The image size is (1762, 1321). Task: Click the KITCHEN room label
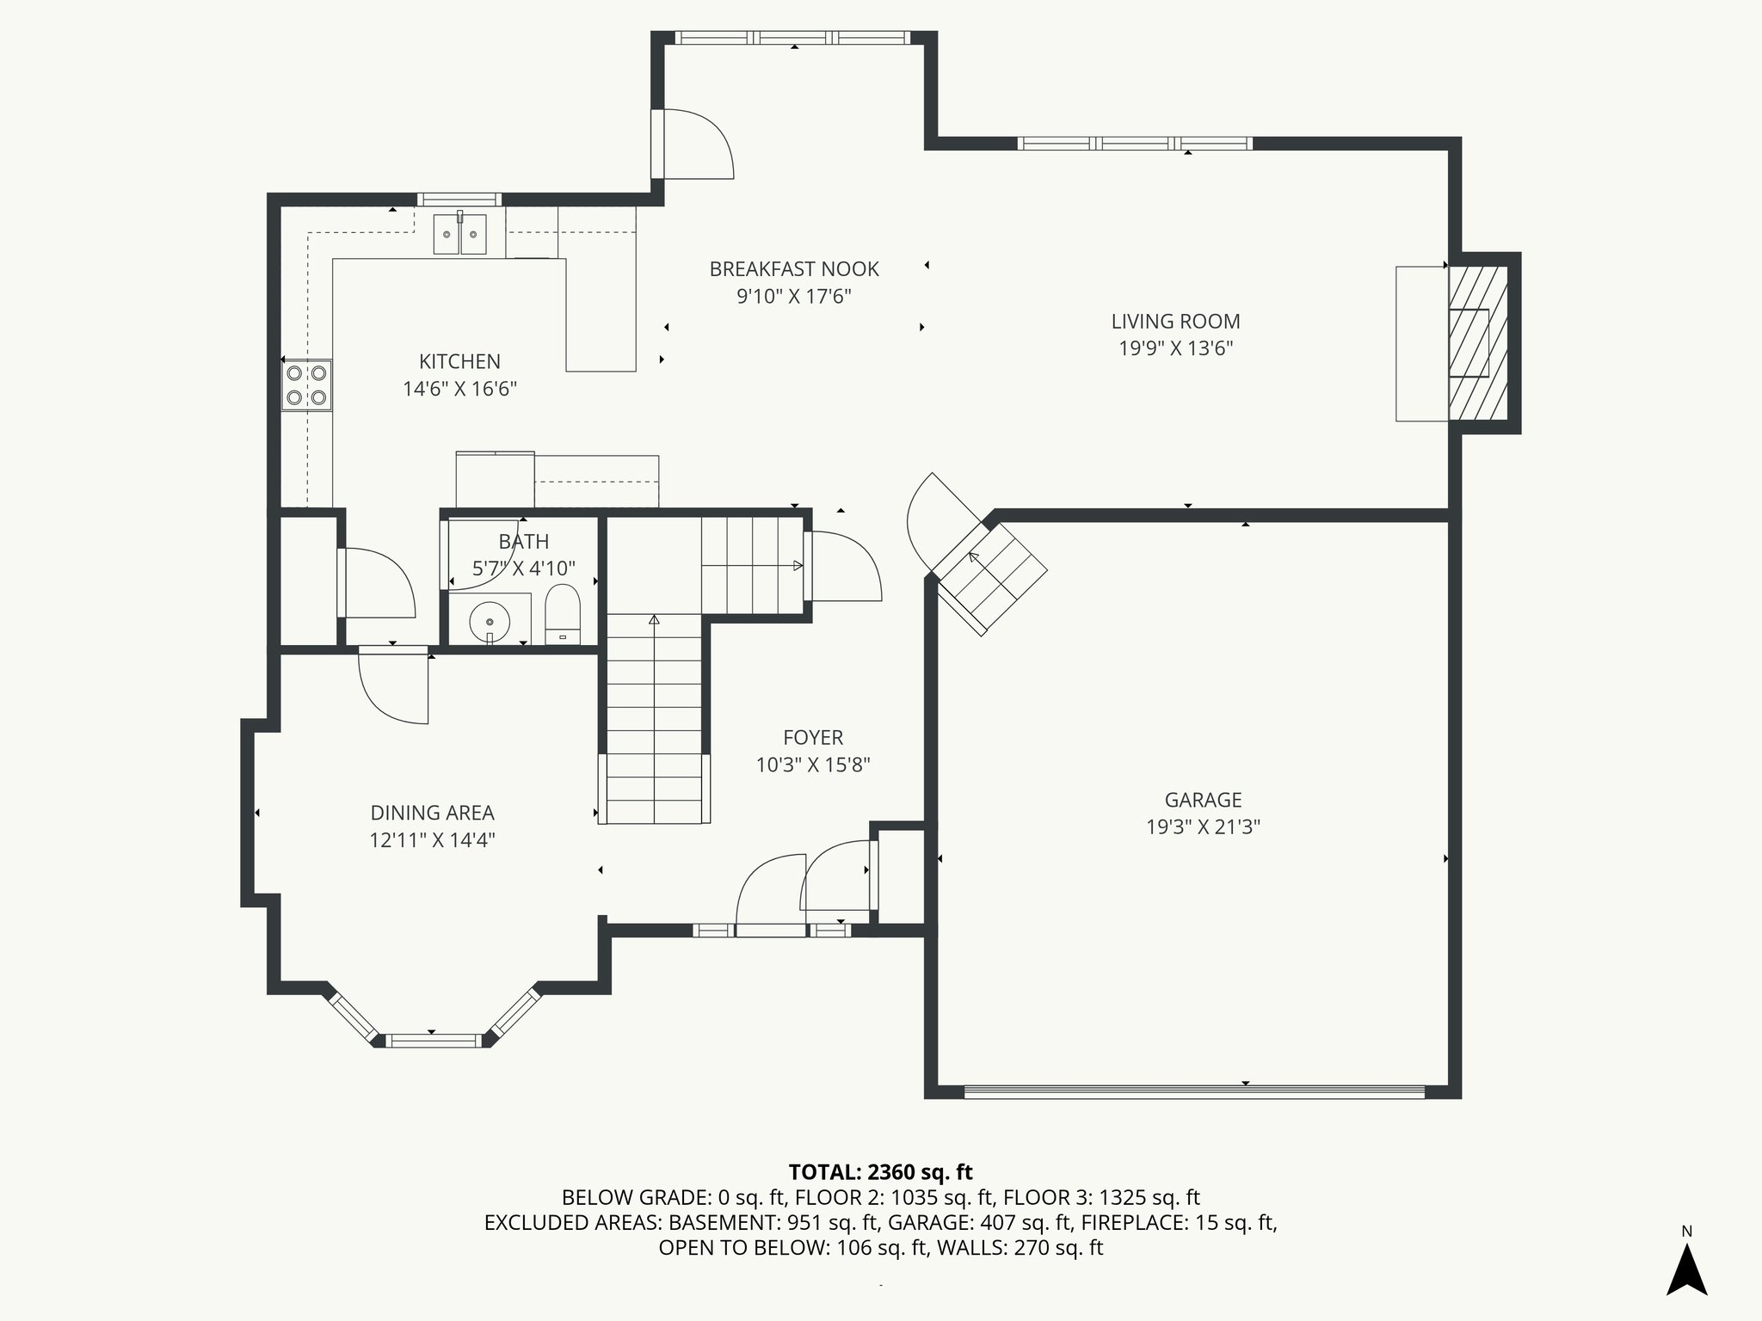(x=459, y=361)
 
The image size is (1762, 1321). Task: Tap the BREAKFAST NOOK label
(x=794, y=269)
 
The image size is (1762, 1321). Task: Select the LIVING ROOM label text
(x=1175, y=322)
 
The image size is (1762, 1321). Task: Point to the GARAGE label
(x=1203, y=800)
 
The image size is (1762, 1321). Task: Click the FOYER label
(x=813, y=737)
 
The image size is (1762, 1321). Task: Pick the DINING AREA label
(x=432, y=813)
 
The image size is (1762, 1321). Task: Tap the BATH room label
(x=524, y=542)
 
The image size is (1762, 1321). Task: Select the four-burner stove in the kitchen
(x=307, y=384)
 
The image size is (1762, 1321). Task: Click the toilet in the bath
(x=564, y=614)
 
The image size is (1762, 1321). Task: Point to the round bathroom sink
(x=490, y=619)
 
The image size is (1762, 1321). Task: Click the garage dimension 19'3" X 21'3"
(x=1203, y=827)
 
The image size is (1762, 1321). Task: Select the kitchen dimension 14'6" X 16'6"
(x=459, y=389)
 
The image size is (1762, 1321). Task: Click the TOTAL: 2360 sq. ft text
(x=880, y=1171)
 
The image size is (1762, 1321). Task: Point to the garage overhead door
(x=1194, y=1092)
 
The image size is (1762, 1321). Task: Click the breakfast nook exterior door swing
(x=693, y=144)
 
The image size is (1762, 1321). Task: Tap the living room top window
(x=1135, y=143)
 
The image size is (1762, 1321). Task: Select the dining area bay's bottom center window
(x=433, y=1041)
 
